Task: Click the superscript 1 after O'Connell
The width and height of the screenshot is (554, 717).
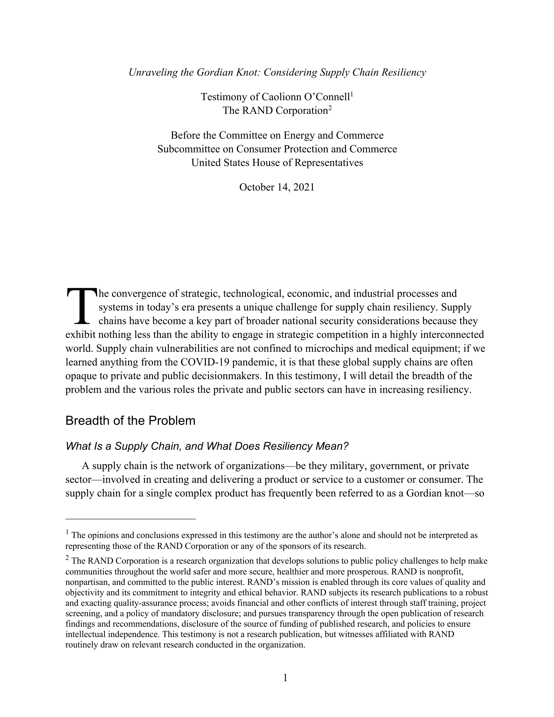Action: tap(352, 94)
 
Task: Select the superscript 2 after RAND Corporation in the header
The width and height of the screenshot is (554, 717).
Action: tap(330, 108)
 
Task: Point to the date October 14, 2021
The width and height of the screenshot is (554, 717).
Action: tap(277, 187)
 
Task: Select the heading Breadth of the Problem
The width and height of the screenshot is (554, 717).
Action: tap(130, 421)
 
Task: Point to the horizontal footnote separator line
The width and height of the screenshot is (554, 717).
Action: tap(130, 519)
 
